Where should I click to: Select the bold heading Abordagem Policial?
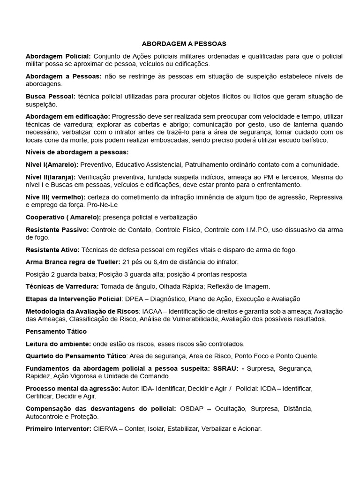(58, 56)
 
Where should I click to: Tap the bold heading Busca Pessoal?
(50, 97)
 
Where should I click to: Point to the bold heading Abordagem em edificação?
(67, 116)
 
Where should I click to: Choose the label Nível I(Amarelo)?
(52, 165)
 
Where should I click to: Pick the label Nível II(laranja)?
(51, 177)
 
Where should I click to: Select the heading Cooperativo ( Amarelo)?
(63, 217)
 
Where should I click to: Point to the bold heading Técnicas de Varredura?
(62, 286)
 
